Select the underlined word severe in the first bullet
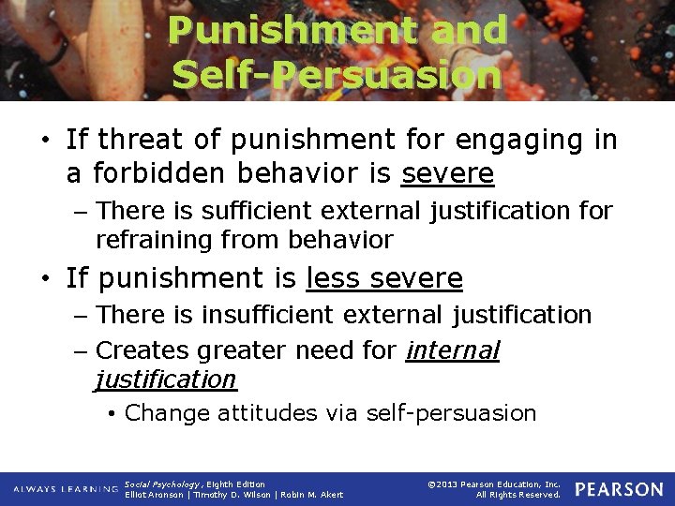tap(447, 173)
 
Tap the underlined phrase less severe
tap(384, 278)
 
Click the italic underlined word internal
tap(453, 350)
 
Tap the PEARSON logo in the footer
tap(618, 489)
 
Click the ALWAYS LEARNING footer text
tap(65, 489)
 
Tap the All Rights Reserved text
tap(517, 495)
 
